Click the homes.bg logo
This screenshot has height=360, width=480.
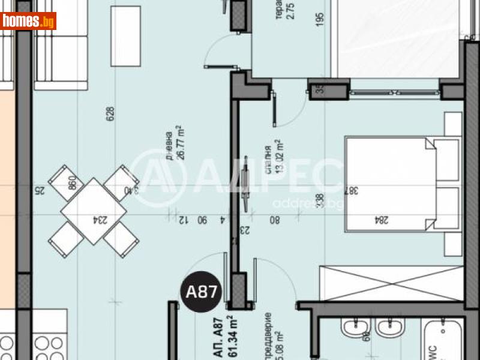[x=28, y=21]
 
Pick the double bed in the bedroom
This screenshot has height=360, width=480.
[x=401, y=183]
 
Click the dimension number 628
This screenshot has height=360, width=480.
[x=110, y=114]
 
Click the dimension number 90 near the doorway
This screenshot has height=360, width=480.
[x=203, y=220]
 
